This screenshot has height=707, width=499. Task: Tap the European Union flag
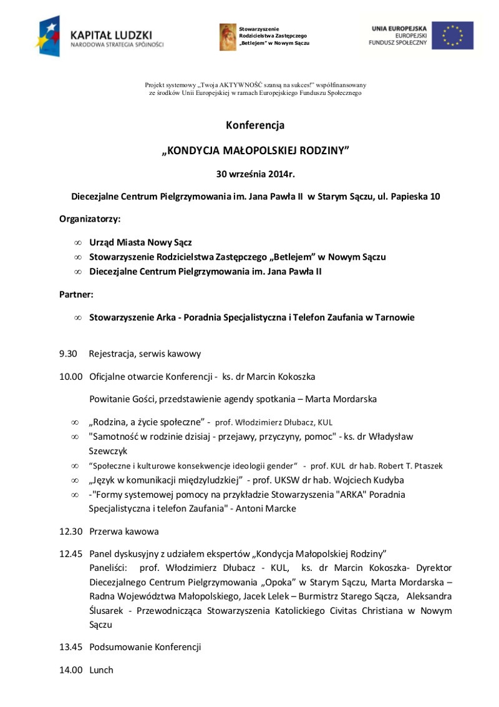coord(453,36)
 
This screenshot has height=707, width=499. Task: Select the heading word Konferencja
coord(255,125)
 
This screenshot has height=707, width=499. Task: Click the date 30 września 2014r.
coord(255,173)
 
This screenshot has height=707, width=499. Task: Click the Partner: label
coord(76,294)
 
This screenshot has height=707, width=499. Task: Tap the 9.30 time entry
coord(68,353)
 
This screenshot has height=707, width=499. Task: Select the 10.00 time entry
coord(71,377)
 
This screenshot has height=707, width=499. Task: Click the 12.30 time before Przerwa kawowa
coord(71,531)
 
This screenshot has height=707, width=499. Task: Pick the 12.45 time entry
coord(71,553)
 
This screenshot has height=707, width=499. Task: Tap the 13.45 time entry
coord(71,647)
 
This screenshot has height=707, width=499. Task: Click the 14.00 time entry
coord(71,670)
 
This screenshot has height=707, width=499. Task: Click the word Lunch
coord(102,670)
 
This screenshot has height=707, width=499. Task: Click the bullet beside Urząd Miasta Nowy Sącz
coord(77,242)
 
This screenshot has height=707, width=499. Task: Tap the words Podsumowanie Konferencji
coord(145,647)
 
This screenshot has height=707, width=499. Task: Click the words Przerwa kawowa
coord(124,531)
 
